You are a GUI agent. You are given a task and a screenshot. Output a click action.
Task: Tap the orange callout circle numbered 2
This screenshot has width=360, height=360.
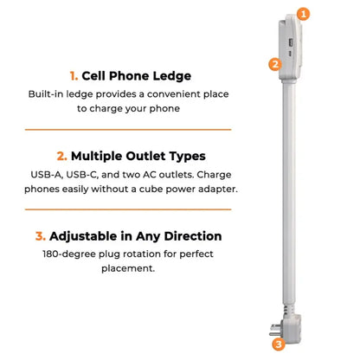(x=274, y=63)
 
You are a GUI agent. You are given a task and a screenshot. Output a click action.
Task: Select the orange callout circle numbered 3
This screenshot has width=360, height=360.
(x=278, y=344)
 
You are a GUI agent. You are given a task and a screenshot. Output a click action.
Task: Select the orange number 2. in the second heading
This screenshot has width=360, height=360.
(x=61, y=157)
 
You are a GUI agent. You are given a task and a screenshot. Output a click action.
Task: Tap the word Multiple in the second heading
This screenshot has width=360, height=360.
(x=102, y=157)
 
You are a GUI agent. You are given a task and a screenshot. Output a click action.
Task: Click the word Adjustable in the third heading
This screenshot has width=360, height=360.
(x=91, y=235)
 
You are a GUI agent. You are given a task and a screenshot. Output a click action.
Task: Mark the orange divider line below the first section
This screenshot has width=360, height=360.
(x=128, y=130)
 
